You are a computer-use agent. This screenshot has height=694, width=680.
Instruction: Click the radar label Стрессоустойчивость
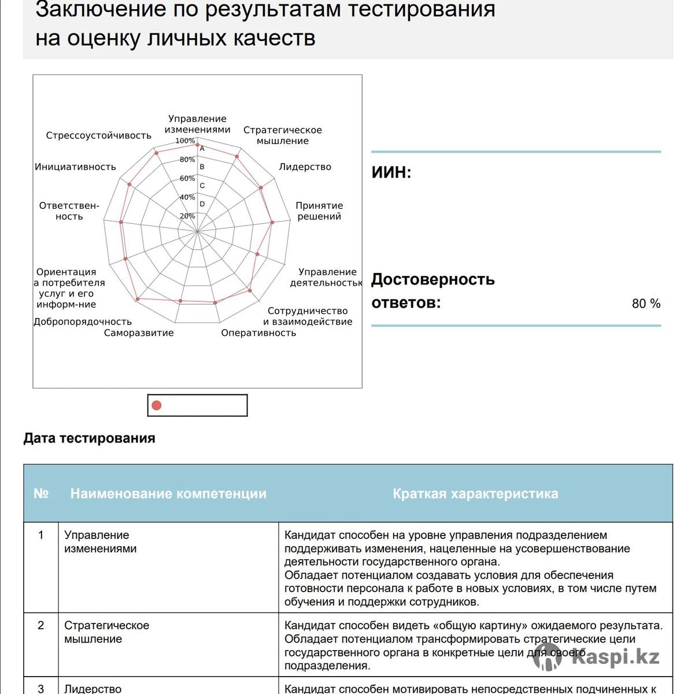tap(98, 135)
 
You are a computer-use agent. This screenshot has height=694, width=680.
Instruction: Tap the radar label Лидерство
tap(305, 167)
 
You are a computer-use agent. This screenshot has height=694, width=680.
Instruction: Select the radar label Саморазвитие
tap(139, 333)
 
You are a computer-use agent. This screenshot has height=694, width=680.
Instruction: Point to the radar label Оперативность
tap(258, 333)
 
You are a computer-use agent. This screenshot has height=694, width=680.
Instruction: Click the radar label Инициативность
tap(75, 167)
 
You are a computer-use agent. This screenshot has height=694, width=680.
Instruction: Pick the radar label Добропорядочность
tap(83, 322)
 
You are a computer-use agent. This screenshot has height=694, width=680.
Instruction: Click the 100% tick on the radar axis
tap(185, 141)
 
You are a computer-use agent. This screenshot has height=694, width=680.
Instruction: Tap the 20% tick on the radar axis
tap(187, 216)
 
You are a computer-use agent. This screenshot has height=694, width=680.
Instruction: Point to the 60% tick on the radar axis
tap(187, 179)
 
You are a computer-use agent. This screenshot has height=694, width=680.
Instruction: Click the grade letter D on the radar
tap(202, 204)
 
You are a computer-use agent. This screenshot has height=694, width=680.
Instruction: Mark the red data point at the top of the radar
tap(198, 145)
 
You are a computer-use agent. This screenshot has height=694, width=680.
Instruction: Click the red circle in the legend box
tap(156, 405)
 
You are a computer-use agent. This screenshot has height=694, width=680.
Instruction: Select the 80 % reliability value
tap(646, 304)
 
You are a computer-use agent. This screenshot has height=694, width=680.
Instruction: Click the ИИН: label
tap(391, 172)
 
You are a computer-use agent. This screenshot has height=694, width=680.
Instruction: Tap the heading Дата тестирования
tap(89, 438)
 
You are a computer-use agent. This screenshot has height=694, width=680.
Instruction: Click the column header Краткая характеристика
tap(475, 493)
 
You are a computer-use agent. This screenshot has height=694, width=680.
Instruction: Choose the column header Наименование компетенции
tap(168, 493)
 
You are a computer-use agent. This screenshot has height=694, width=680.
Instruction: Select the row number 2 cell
tap(40, 625)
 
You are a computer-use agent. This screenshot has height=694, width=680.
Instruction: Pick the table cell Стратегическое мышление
tap(106, 632)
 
